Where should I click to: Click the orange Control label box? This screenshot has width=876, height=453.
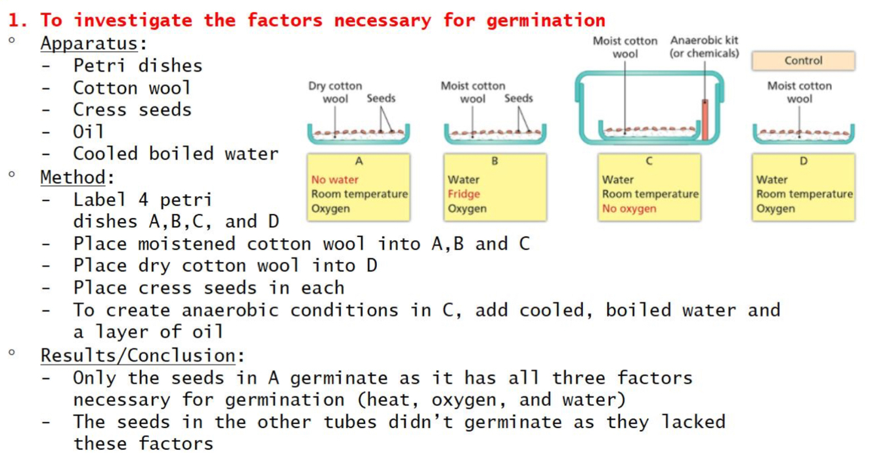tap(803, 60)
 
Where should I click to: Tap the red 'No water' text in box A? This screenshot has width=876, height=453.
tap(335, 179)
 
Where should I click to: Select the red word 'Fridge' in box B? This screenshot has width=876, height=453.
tap(464, 194)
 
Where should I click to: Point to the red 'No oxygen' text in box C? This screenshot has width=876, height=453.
tap(628, 209)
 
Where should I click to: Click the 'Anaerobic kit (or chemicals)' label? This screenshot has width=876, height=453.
tap(704, 47)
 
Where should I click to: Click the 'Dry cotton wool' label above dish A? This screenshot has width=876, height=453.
tap(335, 92)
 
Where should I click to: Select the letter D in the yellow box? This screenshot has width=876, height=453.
tap(803, 162)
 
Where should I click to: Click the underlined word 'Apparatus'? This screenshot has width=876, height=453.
tap(89, 44)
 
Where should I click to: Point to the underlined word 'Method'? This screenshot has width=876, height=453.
tap(73, 177)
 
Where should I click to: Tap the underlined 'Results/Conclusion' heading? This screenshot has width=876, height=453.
tap(138, 355)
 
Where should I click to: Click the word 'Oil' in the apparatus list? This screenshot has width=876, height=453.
tap(89, 131)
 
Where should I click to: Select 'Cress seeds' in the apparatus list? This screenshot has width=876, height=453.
tap(132, 110)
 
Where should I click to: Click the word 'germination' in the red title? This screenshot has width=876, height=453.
tap(546, 20)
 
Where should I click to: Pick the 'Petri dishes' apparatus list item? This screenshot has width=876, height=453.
tap(137, 66)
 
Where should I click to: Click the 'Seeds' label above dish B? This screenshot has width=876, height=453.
tap(518, 98)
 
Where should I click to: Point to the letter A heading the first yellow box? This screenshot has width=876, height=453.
tap(359, 162)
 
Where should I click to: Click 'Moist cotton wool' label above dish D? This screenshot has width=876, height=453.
tap(799, 92)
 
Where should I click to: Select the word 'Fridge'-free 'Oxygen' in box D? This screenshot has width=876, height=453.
tap(775, 209)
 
